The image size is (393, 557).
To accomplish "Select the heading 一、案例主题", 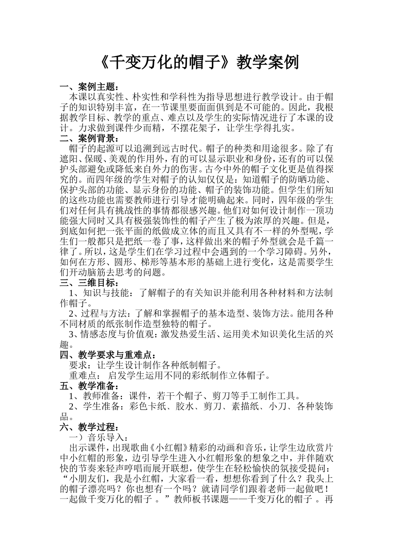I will click(89, 87).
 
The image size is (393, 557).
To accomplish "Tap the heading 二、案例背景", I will click(89, 138).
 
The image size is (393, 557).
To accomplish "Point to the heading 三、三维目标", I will click(89, 283).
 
